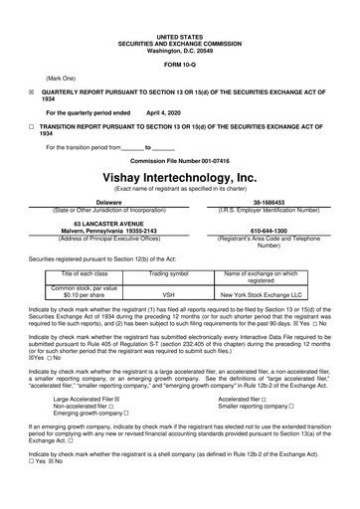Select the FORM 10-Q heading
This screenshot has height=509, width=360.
point(179,66)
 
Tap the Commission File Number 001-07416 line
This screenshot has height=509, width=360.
point(179,160)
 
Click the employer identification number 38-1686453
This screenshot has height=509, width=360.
point(281,201)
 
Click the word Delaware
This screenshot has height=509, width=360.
point(101,201)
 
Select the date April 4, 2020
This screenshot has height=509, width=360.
point(165,113)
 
